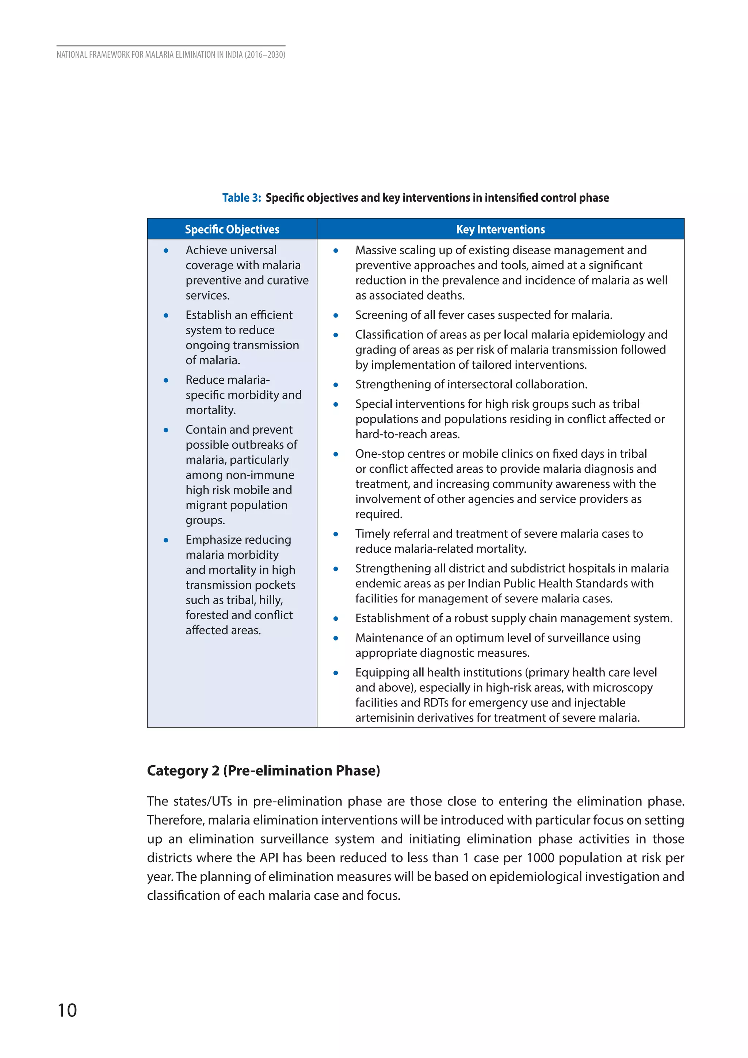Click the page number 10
[67, 1010]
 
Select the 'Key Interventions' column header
[500, 229]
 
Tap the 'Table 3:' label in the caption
[241, 198]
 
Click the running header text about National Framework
[171, 54]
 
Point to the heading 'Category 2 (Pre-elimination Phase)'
[263, 770]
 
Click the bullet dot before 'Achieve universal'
[166, 251]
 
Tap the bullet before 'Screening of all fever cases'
[336, 316]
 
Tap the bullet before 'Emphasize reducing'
[166, 540]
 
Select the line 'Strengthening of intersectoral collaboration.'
[471, 384]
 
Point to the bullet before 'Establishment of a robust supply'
[336, 619]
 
